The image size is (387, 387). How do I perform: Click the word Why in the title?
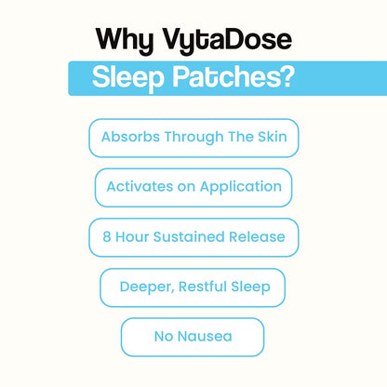[125, 41]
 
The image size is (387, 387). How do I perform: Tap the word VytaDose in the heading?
[227, 41]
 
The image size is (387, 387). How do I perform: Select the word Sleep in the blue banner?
[127, 78]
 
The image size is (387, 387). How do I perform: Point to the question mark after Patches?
[288, 76]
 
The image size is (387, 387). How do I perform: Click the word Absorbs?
[130, 137]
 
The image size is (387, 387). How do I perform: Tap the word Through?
[193, 137]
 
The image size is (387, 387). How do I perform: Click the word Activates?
[140, 187]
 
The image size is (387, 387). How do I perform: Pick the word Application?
[241, 187]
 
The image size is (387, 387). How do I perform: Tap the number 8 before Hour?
[107, 237]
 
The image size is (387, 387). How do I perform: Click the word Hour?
[132, 237]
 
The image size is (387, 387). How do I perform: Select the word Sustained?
[189, 237]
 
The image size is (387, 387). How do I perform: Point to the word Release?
[257, 237]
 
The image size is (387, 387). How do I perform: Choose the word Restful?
[203, 287]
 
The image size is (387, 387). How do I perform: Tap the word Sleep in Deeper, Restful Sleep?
[251, 287]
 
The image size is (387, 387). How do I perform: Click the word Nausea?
[205, 337]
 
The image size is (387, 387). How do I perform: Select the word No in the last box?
[164, 337]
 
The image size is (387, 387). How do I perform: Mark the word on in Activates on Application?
[186, 188]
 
